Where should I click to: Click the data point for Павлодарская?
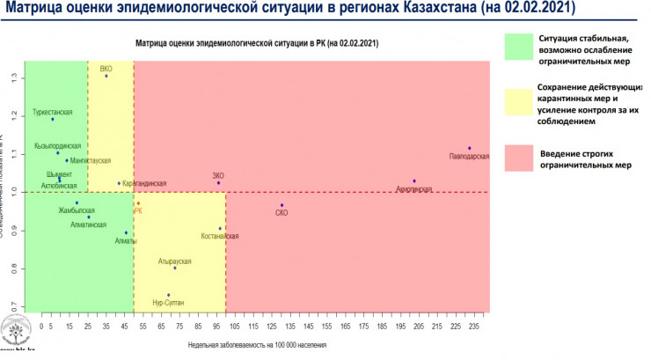point(470,148)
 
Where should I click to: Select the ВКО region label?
point(106,68)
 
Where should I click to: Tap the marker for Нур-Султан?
point(168,296)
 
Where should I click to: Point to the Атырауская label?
point(174,261)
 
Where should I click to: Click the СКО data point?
point(282,205)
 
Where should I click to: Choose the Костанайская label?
point(220,237)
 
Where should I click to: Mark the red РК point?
point(138,203)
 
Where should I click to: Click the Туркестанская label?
point(52,113)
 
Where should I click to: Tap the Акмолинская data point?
point(413,181)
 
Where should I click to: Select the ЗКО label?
point(218,175)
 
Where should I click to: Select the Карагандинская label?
point(144,183)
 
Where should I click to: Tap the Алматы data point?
point(126,232)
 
